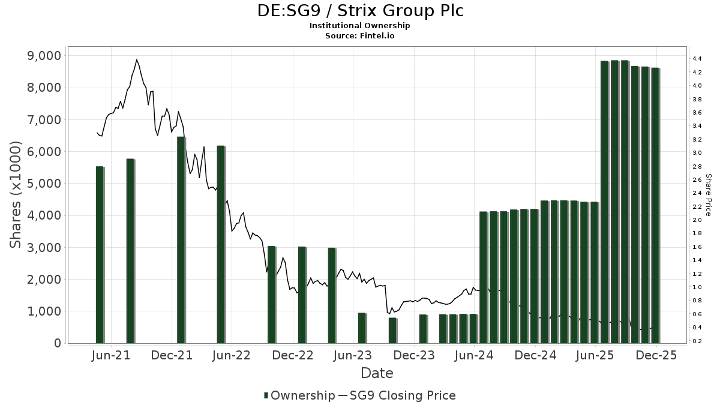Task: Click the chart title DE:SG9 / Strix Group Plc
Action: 360,11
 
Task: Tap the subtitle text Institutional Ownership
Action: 360,26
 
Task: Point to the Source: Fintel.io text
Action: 360,36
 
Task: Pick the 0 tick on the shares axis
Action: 57,343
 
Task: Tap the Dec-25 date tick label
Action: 656,356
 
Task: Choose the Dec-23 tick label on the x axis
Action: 414,356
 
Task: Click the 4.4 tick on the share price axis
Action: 697,59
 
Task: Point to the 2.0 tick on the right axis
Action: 697,220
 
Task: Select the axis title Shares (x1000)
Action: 16,195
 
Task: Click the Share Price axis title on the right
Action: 709,195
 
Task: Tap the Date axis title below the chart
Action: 377,373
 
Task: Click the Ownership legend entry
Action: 299,395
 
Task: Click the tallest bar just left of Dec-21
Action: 181,240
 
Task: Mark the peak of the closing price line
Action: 137,59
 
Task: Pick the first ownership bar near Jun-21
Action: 100,254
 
